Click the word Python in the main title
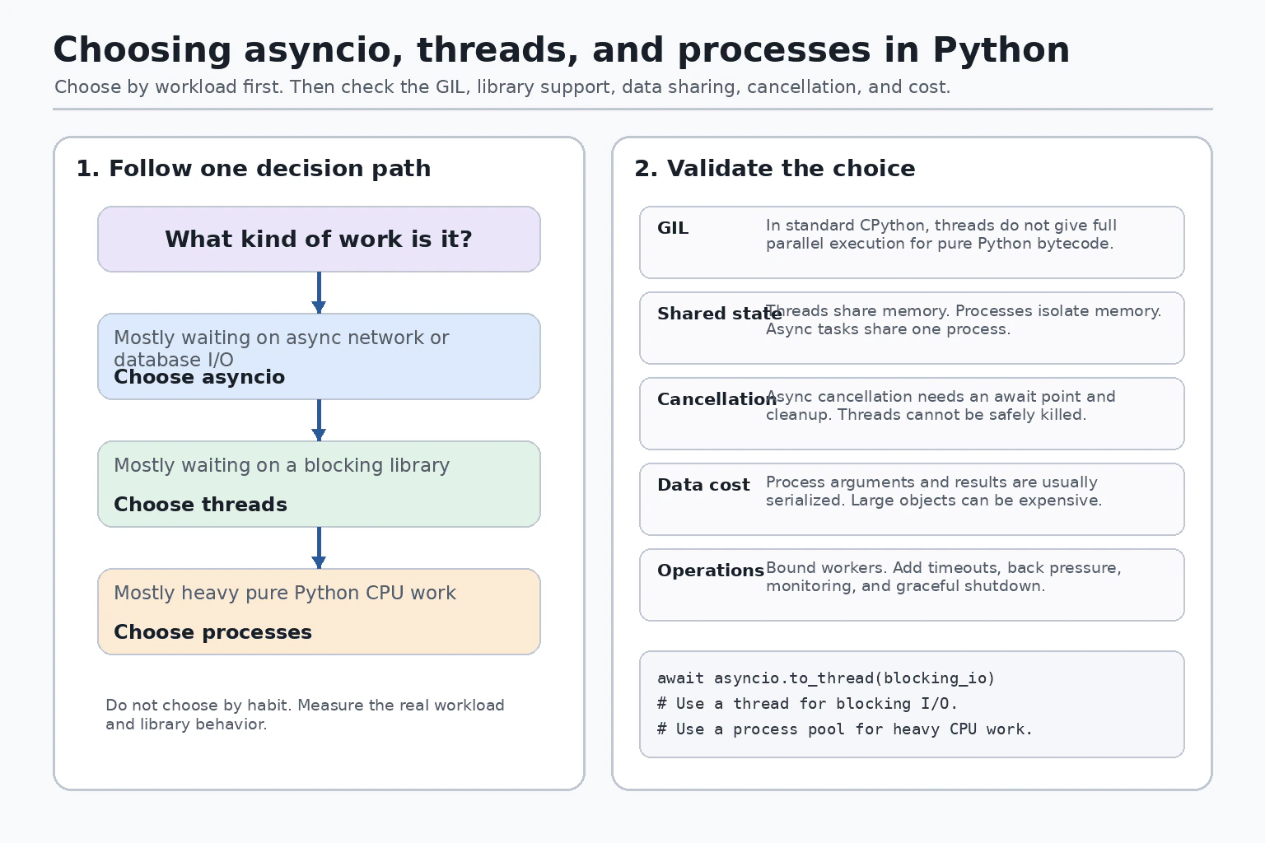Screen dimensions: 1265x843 pyautogui.click(x=1001, y=49)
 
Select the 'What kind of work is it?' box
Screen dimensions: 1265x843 pyautogui.click(x=319, y=239)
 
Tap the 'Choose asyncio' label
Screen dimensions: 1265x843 pyautogui.click(x=199, y=377)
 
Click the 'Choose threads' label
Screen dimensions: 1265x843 pyautogui.click(x=200, y=504)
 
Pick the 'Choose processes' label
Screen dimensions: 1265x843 pyautogui.click(x=213, y=631)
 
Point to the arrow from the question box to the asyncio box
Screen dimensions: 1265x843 pyautogui.click(x=319, y=292)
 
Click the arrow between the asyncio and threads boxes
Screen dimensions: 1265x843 pyautogui.click(x=319, y=420)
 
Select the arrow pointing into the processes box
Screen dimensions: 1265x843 pyautogui.click(x=319, y=547)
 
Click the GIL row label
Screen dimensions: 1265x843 pyautogui.click(x=673, y=228)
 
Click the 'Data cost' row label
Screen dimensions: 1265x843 pyautogui.click(x=703, y=484)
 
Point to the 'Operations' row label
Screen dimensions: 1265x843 pyautogui.click(x=711, y=571)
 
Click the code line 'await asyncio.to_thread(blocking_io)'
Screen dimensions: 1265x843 pyautogui.click(x=826, y=678)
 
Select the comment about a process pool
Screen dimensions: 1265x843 pyautogui.click(x=845, y=729)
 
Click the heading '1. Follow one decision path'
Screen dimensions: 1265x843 pyautogui.click(x=254, y=168)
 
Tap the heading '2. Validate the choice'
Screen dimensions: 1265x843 pyautogui.click(x=775, y=168)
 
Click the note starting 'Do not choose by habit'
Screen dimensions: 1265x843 pyautogui.click(x=305, y=715)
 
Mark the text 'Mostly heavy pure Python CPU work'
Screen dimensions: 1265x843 pyautogui.click(x=285, y=593)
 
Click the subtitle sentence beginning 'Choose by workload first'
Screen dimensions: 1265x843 pyautogui.click(x=502, y=87)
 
